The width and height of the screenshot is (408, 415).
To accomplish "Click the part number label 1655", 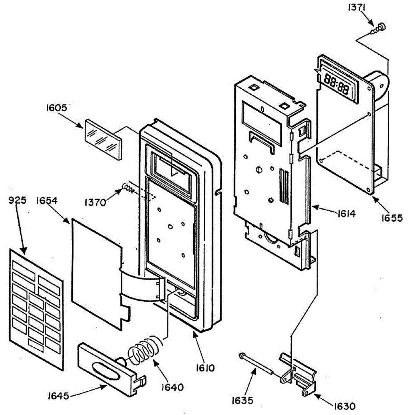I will (392, 218).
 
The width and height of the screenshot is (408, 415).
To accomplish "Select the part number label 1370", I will (95, 202).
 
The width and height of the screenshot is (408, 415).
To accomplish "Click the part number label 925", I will (18, 200).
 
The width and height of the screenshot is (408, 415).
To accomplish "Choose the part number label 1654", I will (47, 200).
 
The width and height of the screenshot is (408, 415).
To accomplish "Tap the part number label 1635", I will (242, 400).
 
